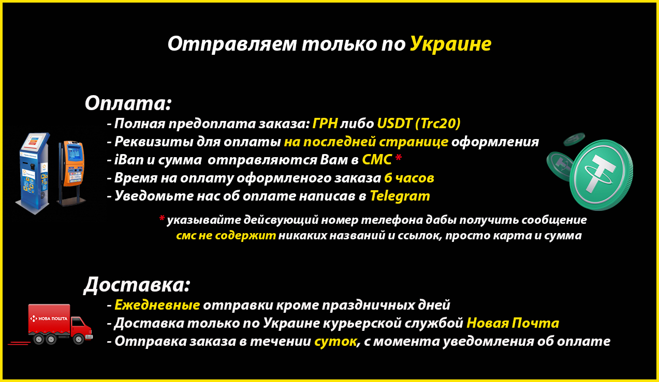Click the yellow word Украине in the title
coord(451,44)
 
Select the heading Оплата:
coord(128,103)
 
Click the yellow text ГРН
coord(325,124)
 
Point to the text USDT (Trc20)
coord(419,124)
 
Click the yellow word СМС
coord(377,160)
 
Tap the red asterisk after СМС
coord(398,158)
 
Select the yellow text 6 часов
coord(409,178)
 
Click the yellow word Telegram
coord(400,196)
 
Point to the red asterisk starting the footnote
coord(162,218)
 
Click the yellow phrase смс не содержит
coord(226,236)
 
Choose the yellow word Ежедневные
coord(157,305)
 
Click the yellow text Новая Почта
coord(513,323)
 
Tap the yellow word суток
coord(335,342)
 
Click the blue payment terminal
coord(33,173)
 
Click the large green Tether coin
coord(601,175)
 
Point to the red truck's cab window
coord(78,323)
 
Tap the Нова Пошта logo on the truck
coord(49,318)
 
